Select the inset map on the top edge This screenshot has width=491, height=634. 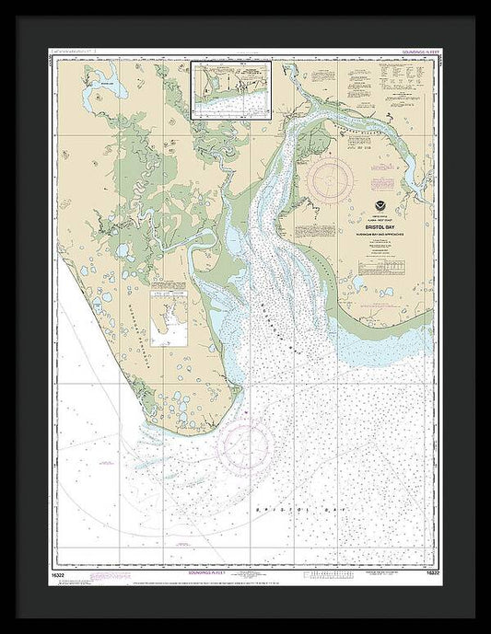click(230, 90)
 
